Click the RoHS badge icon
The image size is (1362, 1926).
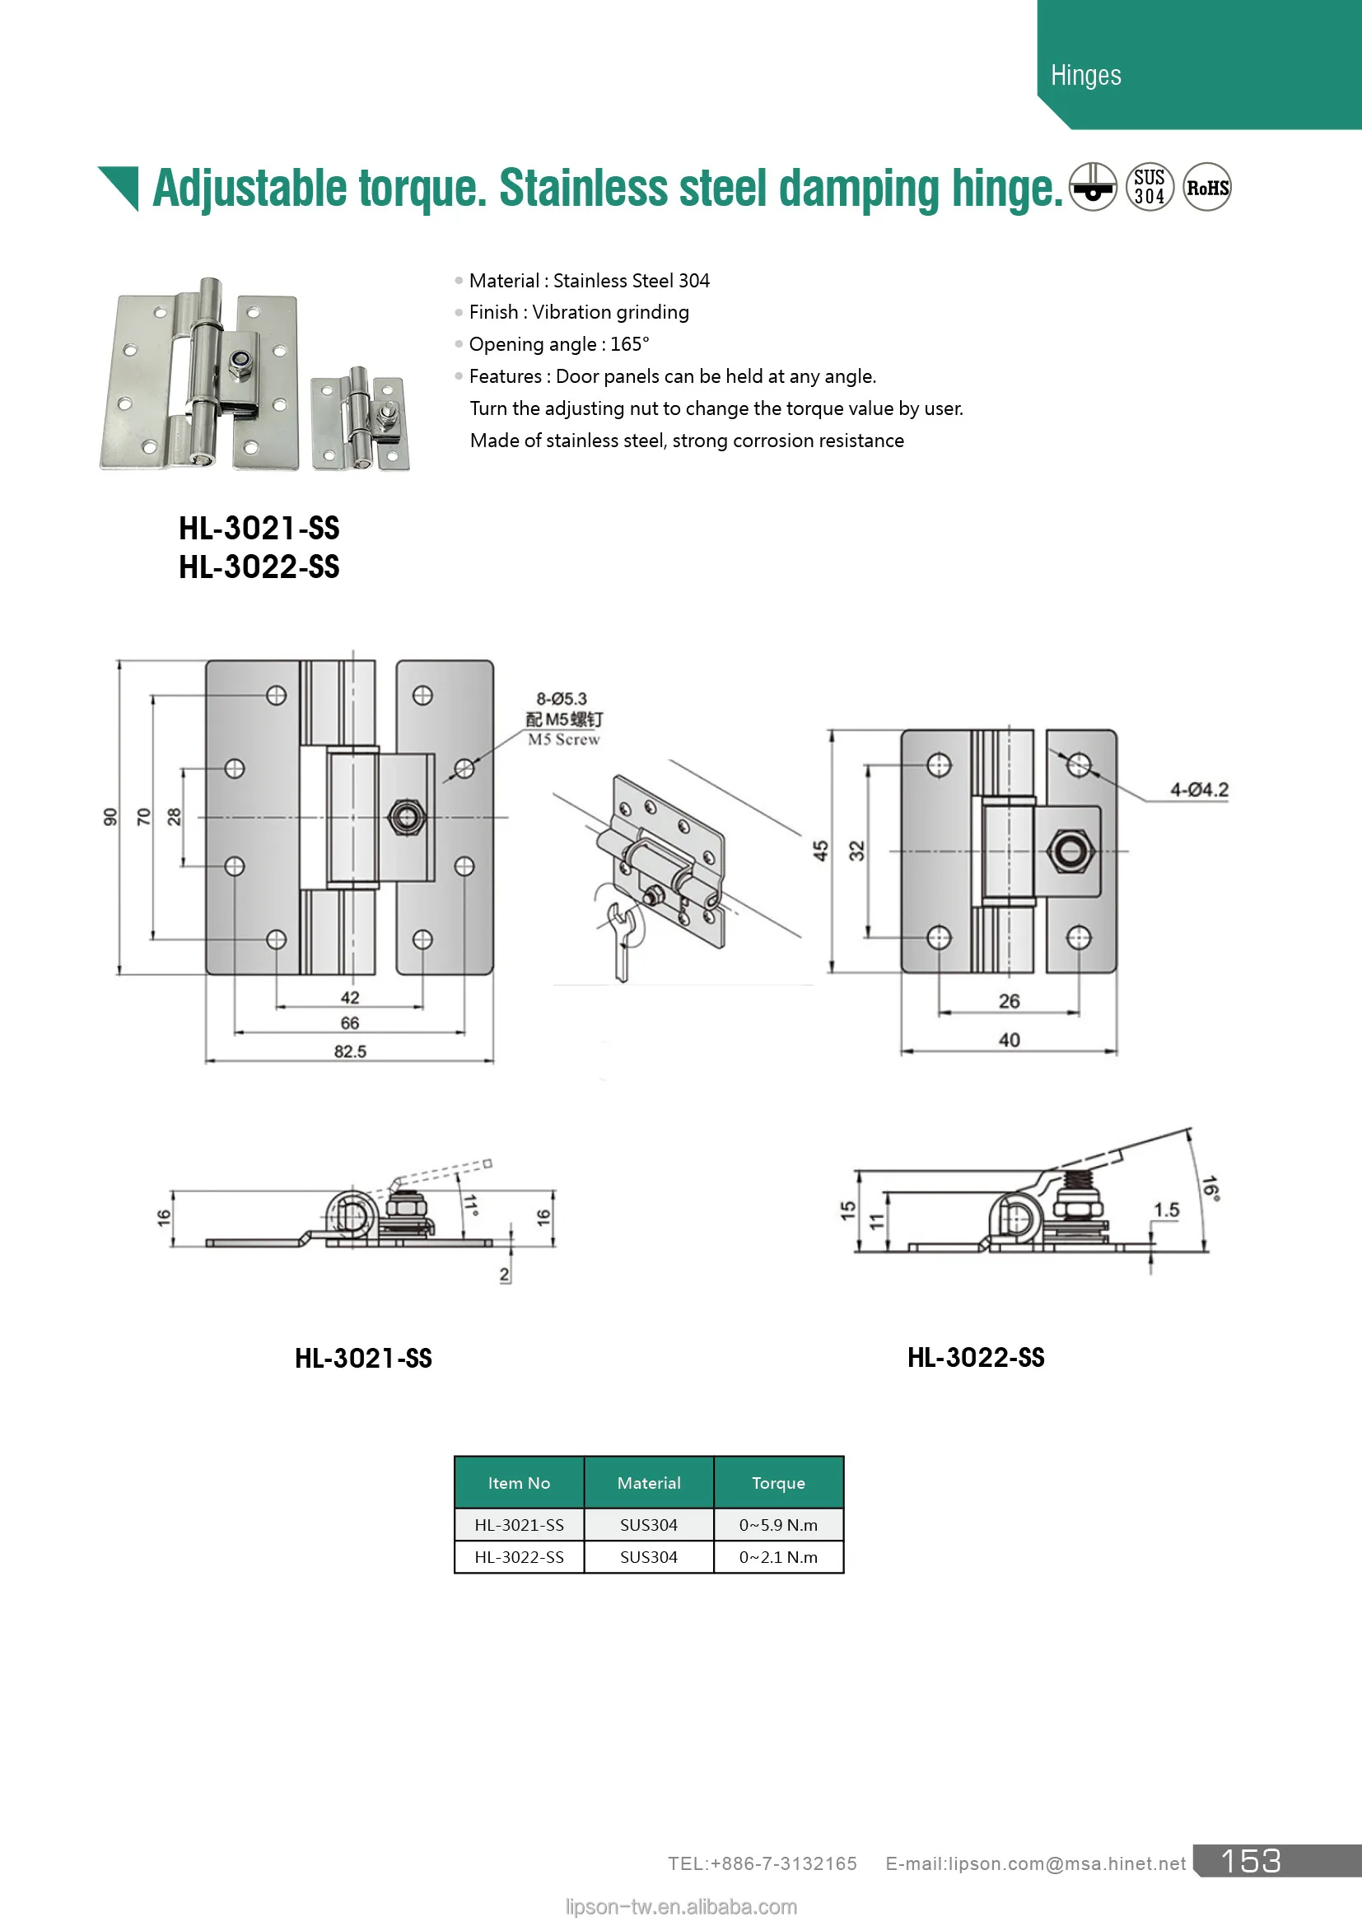tap(1206, 187)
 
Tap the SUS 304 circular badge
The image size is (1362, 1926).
tap(1149, 187)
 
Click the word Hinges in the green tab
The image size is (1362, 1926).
tap(1085, 76)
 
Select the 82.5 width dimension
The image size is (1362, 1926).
tap(350, 1051)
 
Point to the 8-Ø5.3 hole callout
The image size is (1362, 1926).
tap(561, 699)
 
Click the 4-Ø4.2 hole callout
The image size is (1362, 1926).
tap(1198, 790)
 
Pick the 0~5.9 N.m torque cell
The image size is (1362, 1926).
tap(777, 1525)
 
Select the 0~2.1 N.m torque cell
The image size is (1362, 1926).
tap(777, 1557)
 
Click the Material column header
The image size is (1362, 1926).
tap(648, 1483)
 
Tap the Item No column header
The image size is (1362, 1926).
tap(518, 1483)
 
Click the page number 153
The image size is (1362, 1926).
tap(1250, 1862)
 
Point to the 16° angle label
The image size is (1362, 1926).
tap(1210, 1188)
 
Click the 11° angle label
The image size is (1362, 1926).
tap(470, 1205)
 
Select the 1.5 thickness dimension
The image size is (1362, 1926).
tap(1166, 1210)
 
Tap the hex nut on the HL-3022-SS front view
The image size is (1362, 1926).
tap(1070, 851)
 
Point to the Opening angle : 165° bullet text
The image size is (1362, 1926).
tap(558, 344)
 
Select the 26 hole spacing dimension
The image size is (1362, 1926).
tap(1009, 1000)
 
